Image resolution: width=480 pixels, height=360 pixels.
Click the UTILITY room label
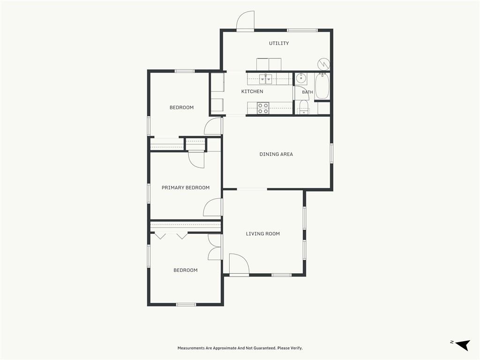coord(278,43)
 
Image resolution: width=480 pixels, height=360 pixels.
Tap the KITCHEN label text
coord(252,91)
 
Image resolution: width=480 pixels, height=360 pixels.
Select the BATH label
coord(307,92)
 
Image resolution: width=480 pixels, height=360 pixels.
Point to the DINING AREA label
coord(276,154)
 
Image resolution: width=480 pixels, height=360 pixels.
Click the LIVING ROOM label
coord(262,233)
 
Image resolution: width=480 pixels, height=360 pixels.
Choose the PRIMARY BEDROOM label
coord(186,187)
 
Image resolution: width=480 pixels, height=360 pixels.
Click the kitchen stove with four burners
coord(263,108)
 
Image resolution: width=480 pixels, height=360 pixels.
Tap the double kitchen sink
coord(265,79)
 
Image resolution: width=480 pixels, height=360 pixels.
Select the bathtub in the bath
coord(322,86)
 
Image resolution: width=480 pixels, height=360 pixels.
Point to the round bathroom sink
coord(301,79)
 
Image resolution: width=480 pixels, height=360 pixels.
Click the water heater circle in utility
coord(324,64)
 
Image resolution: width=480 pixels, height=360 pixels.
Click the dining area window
coord(331,153)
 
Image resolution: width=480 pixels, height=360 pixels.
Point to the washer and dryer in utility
coord(269,64)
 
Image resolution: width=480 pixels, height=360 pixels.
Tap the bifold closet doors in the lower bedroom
coord(171,236)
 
